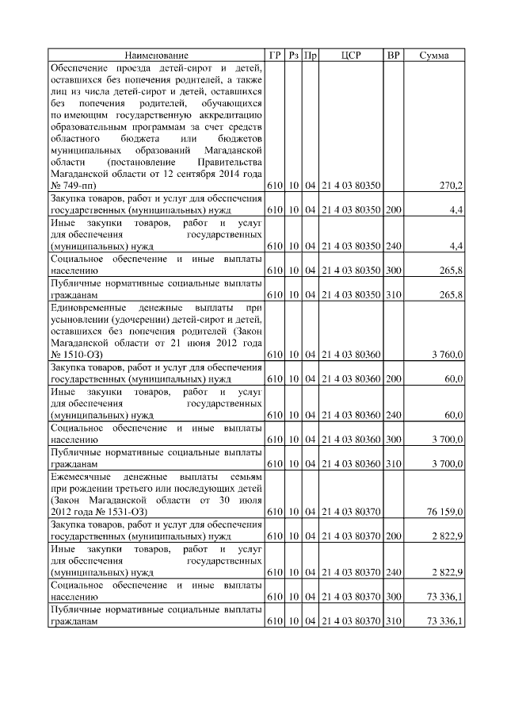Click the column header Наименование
pos(156,55)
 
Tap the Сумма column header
pos(434,55)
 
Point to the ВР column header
pos(393,55)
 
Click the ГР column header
pos(275,55)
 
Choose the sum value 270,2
pos(451,186)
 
